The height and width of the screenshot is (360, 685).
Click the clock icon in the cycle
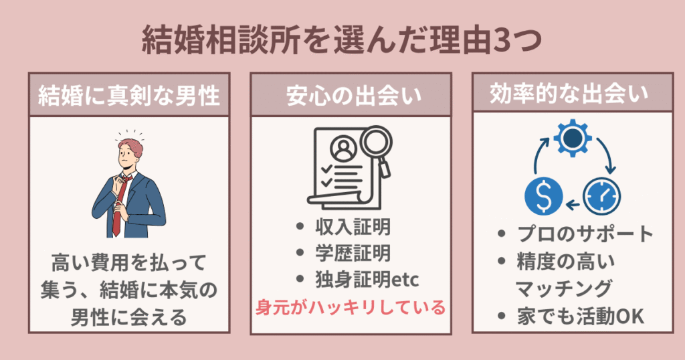[601, 195]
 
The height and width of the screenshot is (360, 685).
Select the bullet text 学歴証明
[353, 254]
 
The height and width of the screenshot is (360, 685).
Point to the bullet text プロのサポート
[585, 234]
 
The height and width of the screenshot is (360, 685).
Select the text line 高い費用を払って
[129, 261]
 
